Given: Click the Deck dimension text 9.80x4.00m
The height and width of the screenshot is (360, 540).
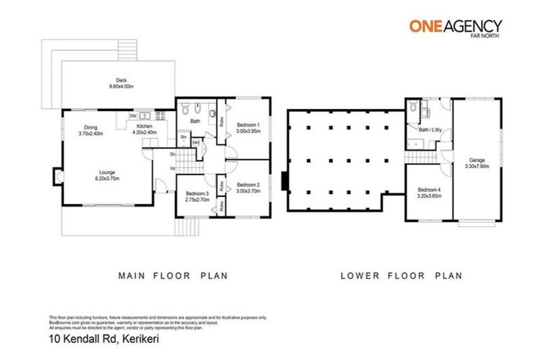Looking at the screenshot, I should click(121, 86).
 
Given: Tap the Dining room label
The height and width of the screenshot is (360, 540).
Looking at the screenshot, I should click(91, 127).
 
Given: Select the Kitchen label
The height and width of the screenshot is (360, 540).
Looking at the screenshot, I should click(145, 127).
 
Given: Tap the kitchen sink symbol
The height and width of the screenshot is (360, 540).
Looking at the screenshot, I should click(146, 115).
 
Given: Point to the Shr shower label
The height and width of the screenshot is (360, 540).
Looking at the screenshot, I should click(184, 136).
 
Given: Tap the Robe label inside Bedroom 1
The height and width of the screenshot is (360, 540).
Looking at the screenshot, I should click(221, 121).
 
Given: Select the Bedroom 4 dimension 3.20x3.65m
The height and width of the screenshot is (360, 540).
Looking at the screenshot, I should click(429, 195).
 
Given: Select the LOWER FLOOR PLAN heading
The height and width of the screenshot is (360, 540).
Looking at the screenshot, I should click(401, 276).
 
